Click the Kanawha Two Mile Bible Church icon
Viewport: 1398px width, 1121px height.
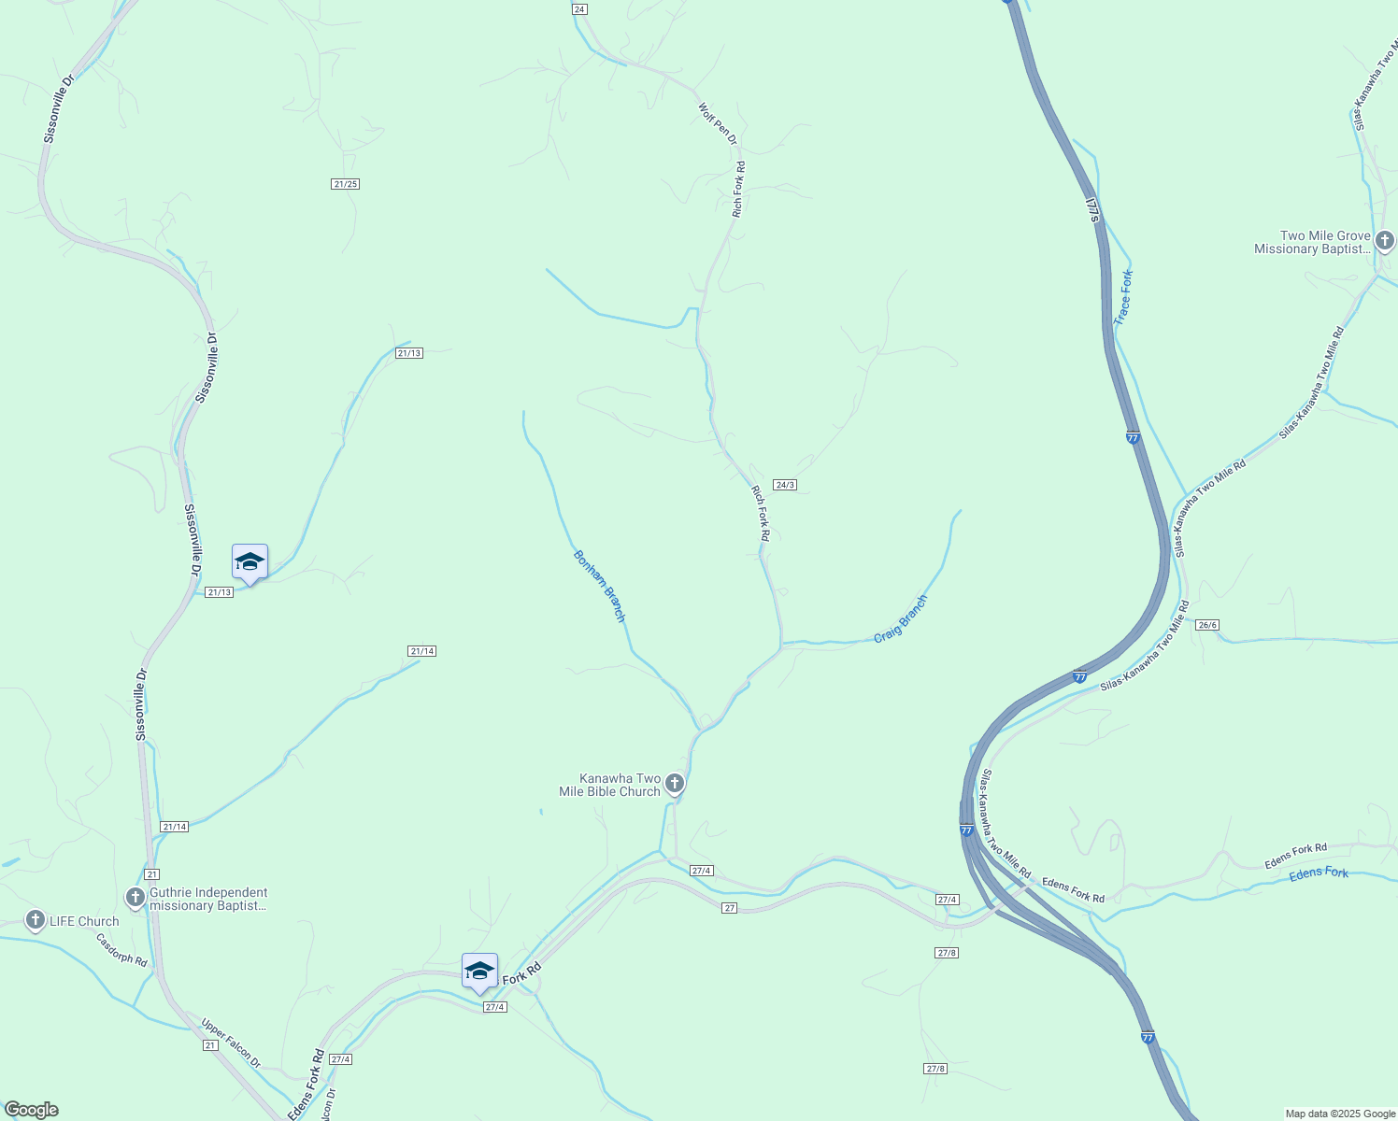pyautogui.click(x=674, y=783)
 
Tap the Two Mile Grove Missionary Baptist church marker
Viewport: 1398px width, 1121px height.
pyautogui.click(x=1384, y=241)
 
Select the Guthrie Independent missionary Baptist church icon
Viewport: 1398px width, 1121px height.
pyautogui.click(x=136, y=898)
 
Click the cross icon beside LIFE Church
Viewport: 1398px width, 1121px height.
pyautogui.click(x=36, y=921)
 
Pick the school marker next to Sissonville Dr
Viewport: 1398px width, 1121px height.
pyautogui.click(x=250, y=562)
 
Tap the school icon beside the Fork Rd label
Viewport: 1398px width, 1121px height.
pyautogui.click(x=479, y=972)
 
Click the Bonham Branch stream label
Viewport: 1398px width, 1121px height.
pyautogui.click(x=599, y=586)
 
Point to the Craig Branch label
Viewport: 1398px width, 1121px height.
pyautogui.click(x=901, y=618)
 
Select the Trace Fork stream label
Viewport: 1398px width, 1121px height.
pyautogui.click(x=1122, y=297)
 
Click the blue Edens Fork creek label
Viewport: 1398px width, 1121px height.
pyautogui.click(x=1319, y=873)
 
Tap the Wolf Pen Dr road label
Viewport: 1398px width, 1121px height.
pyautogui.click(x=718, y=123)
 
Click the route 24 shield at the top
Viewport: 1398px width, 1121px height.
pyautogui.click(x=579, y=9)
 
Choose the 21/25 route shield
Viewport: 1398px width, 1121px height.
pyautogui.click(x=345, y=184)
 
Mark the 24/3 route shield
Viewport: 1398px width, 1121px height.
pyautogui.click(x=785, y=485)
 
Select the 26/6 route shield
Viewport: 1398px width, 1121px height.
pyautogui.click(x=1206, y=625)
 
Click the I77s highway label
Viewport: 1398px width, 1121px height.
pyautogui.click(x=1093, y=209)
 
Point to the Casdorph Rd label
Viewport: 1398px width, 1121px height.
pyautogui.click(x=121, y=949)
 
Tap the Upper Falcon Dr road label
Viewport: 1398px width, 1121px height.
pyautogui.click(x=231, y=1042)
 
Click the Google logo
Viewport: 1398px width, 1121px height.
pyautogui.click(x=31, y=1110)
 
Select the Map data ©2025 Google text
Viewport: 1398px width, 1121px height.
pyautogui.click(x=1339, y=1114)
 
